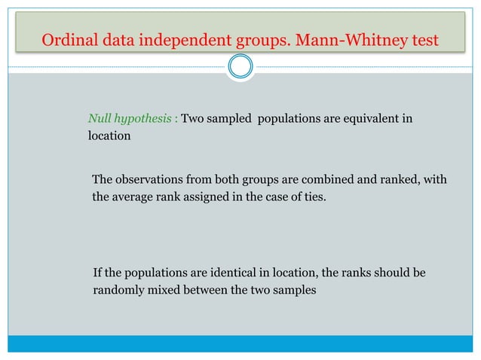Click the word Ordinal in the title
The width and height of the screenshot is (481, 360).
pyautogui.click(x=65, y=39)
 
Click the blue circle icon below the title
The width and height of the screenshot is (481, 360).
pyautogui.click(x=240, y=68)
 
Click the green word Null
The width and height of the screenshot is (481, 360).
pyautogui.click(x=100, y=119)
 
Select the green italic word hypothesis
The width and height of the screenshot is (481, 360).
pyautogui.click(x=146, y=120)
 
